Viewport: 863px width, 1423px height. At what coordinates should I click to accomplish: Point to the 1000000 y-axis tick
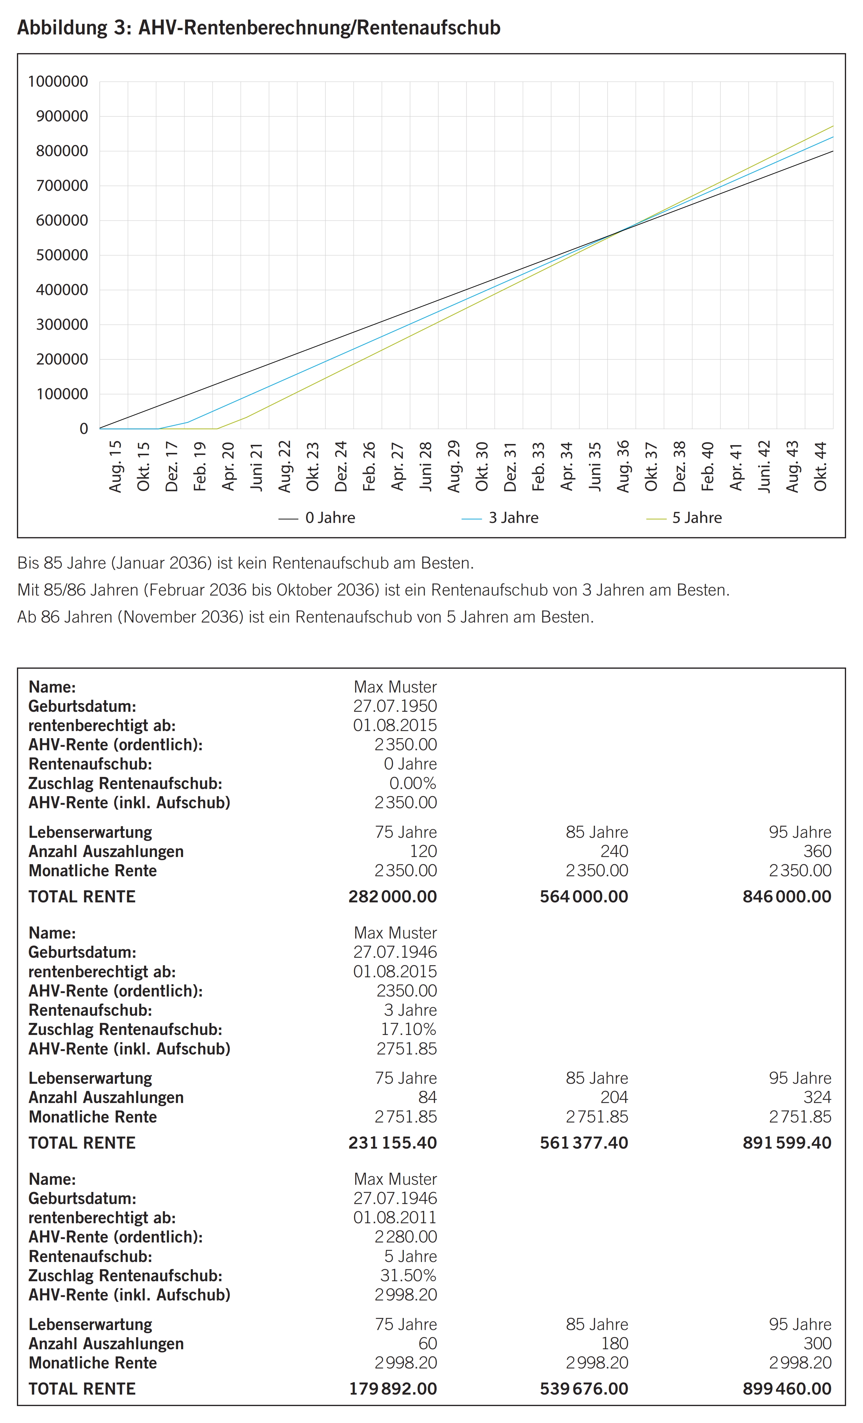point(58,82)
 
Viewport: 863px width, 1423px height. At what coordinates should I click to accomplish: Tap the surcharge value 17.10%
point(408,1029)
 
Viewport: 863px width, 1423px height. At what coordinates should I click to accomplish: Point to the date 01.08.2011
point(395,1218)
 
